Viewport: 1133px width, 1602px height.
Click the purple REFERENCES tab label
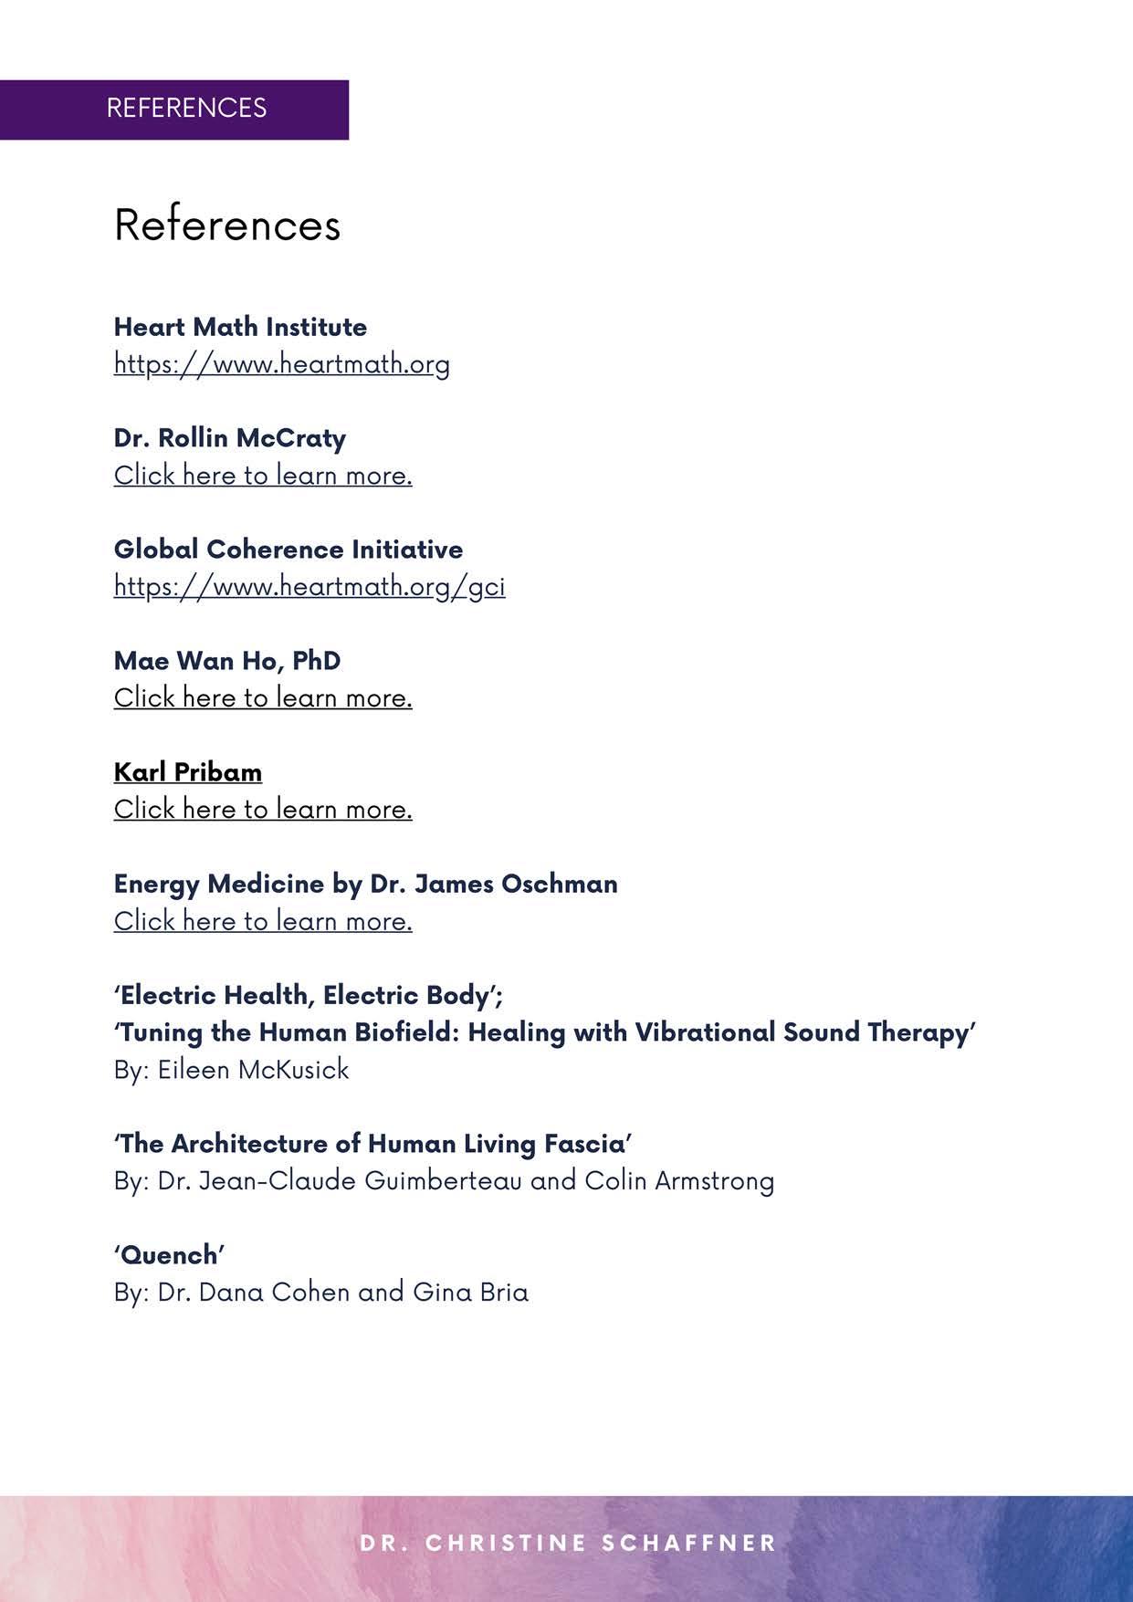click(x=186, y=108)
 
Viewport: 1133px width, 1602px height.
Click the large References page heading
click(x=227, y=225)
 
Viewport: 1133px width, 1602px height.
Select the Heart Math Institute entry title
click(x=240, y=327)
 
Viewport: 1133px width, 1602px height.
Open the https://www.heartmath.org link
click(x=281, y=363)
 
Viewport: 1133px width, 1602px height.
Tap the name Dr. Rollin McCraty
click(x=229, y=438)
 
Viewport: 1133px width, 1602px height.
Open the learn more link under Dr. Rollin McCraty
click(x=263, y=476)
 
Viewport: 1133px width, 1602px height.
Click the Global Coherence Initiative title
click(x=288, y=550)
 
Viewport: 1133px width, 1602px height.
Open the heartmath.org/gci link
click(x=309, y=586)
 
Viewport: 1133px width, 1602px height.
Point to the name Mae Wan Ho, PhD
click(x=226, y=661)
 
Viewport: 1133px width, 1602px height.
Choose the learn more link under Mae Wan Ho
click(x=263, y=698)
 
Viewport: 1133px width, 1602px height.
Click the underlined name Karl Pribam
click(x=187, y=772)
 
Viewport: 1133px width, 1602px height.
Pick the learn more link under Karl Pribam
click(x=263, y=810)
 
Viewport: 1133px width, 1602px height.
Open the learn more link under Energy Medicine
click(x=263, y=921)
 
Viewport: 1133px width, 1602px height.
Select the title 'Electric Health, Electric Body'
click(x=308, y=995)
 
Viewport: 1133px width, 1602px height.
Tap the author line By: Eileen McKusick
click(x=231, y=1070)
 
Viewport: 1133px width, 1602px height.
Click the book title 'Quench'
click(x=169, y=1255)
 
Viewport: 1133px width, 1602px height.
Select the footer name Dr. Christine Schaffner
click(x=568, y=1543)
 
